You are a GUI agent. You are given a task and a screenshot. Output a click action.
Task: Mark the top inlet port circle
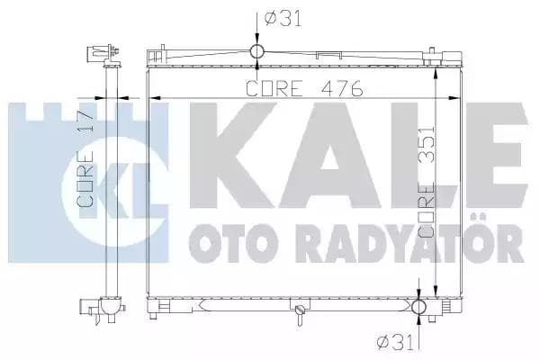[x=256, y=50]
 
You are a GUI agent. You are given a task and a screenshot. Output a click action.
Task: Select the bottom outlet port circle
[x=419, y=307]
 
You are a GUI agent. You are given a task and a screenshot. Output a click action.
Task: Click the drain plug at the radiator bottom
[x=298, y=311]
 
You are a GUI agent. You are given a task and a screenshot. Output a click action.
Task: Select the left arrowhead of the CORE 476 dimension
[x=153, y=97]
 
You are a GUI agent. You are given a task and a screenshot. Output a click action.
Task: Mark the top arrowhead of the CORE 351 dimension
[x=436, y=69]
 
